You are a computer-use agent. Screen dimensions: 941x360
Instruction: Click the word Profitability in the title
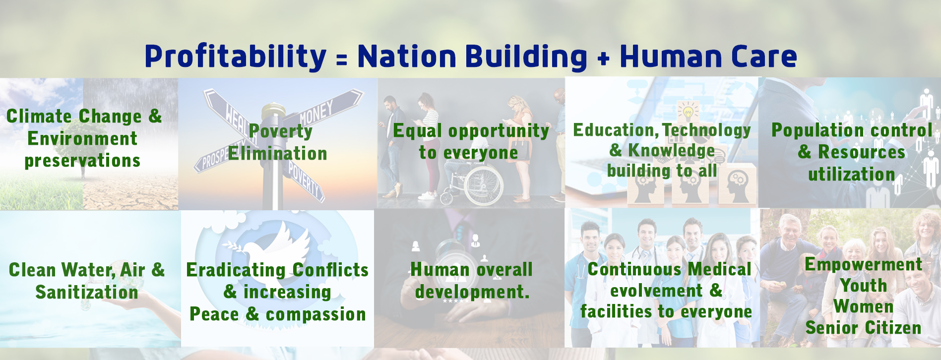click(236, 57)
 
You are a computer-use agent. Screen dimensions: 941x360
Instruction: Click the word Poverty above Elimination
click(281, 132)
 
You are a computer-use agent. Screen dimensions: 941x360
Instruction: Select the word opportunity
click(499, 131)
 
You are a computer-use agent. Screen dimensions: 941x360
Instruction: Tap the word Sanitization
click(87, 292)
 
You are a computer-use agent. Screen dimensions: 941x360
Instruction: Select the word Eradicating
click(236, 270)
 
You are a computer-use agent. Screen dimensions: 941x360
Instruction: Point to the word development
click(472, 292)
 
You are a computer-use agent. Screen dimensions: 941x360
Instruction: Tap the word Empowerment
click(864, 265)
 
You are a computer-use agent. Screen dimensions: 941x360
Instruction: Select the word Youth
click(864, 286)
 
